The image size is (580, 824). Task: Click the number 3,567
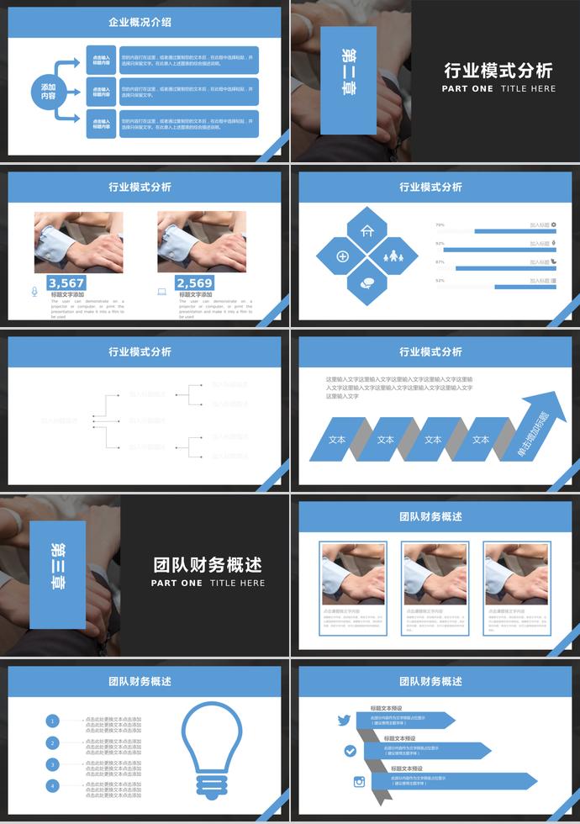coord(66,283)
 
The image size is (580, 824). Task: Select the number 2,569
coord(194,283)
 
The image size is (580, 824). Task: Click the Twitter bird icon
coord(344,720)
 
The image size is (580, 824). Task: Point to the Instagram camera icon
coord(359,781)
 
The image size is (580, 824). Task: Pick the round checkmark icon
coord(350,750)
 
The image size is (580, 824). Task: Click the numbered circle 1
coord(53,721)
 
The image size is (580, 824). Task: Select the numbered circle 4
coord(53,785)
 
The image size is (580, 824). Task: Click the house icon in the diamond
coord(367,230)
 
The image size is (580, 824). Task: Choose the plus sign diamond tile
coord(343,256)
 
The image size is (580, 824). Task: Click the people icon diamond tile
coord(393,256)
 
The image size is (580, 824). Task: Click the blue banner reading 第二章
coord(348,80)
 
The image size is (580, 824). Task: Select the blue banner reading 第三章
coord(57,574)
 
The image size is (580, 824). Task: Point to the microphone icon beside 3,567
coord(34,292)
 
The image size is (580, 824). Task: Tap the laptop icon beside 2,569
coord(162,292)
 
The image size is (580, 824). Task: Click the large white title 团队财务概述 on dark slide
coord(208,564)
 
